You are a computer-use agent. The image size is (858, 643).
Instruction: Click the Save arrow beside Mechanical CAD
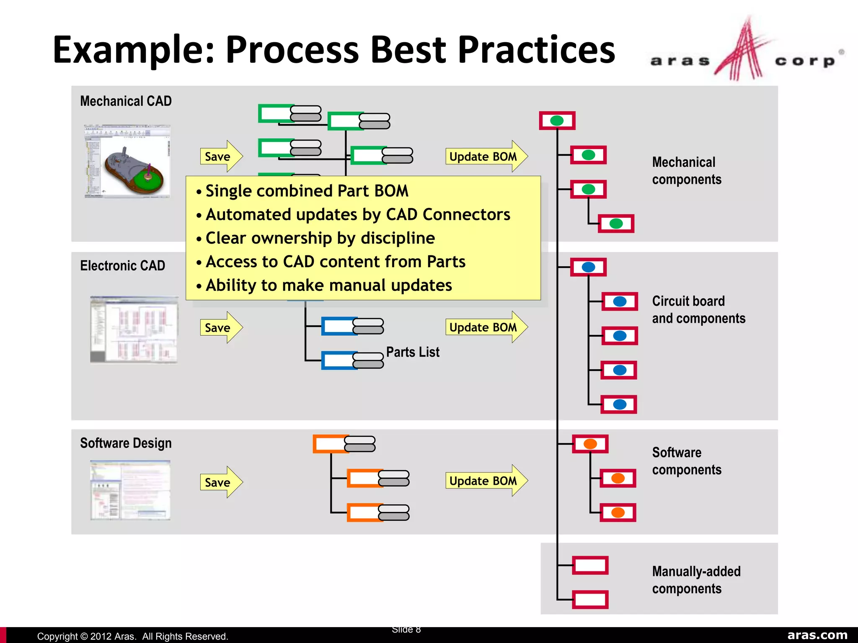(220, 157)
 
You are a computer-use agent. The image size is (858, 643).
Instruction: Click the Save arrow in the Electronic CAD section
(220, 327)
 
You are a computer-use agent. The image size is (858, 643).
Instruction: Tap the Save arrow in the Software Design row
(220, 482)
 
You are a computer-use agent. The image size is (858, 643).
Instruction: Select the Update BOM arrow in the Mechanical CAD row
(485, 157)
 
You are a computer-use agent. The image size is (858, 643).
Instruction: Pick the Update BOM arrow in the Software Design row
(485, 481)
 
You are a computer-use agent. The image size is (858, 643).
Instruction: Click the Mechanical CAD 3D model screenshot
(127, 161)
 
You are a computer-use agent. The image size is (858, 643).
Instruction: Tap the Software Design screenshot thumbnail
(130, 490)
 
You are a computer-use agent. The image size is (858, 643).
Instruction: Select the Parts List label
(413, 352)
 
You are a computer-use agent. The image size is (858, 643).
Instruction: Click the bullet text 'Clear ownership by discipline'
(320, 238)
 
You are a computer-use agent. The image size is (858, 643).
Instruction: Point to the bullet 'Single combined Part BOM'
(307, 191)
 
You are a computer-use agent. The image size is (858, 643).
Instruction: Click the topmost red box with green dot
(557, 121)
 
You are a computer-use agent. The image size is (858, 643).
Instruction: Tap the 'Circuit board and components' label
(698, 310)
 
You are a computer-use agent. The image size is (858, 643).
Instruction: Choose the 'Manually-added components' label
(696, 580)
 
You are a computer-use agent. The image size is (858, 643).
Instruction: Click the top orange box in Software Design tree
(331, 444)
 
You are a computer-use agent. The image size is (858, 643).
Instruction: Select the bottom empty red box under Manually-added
(590, 599)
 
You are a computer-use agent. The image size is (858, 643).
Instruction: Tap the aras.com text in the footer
(817, 635)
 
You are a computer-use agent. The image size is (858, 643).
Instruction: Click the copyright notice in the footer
(132, 636)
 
